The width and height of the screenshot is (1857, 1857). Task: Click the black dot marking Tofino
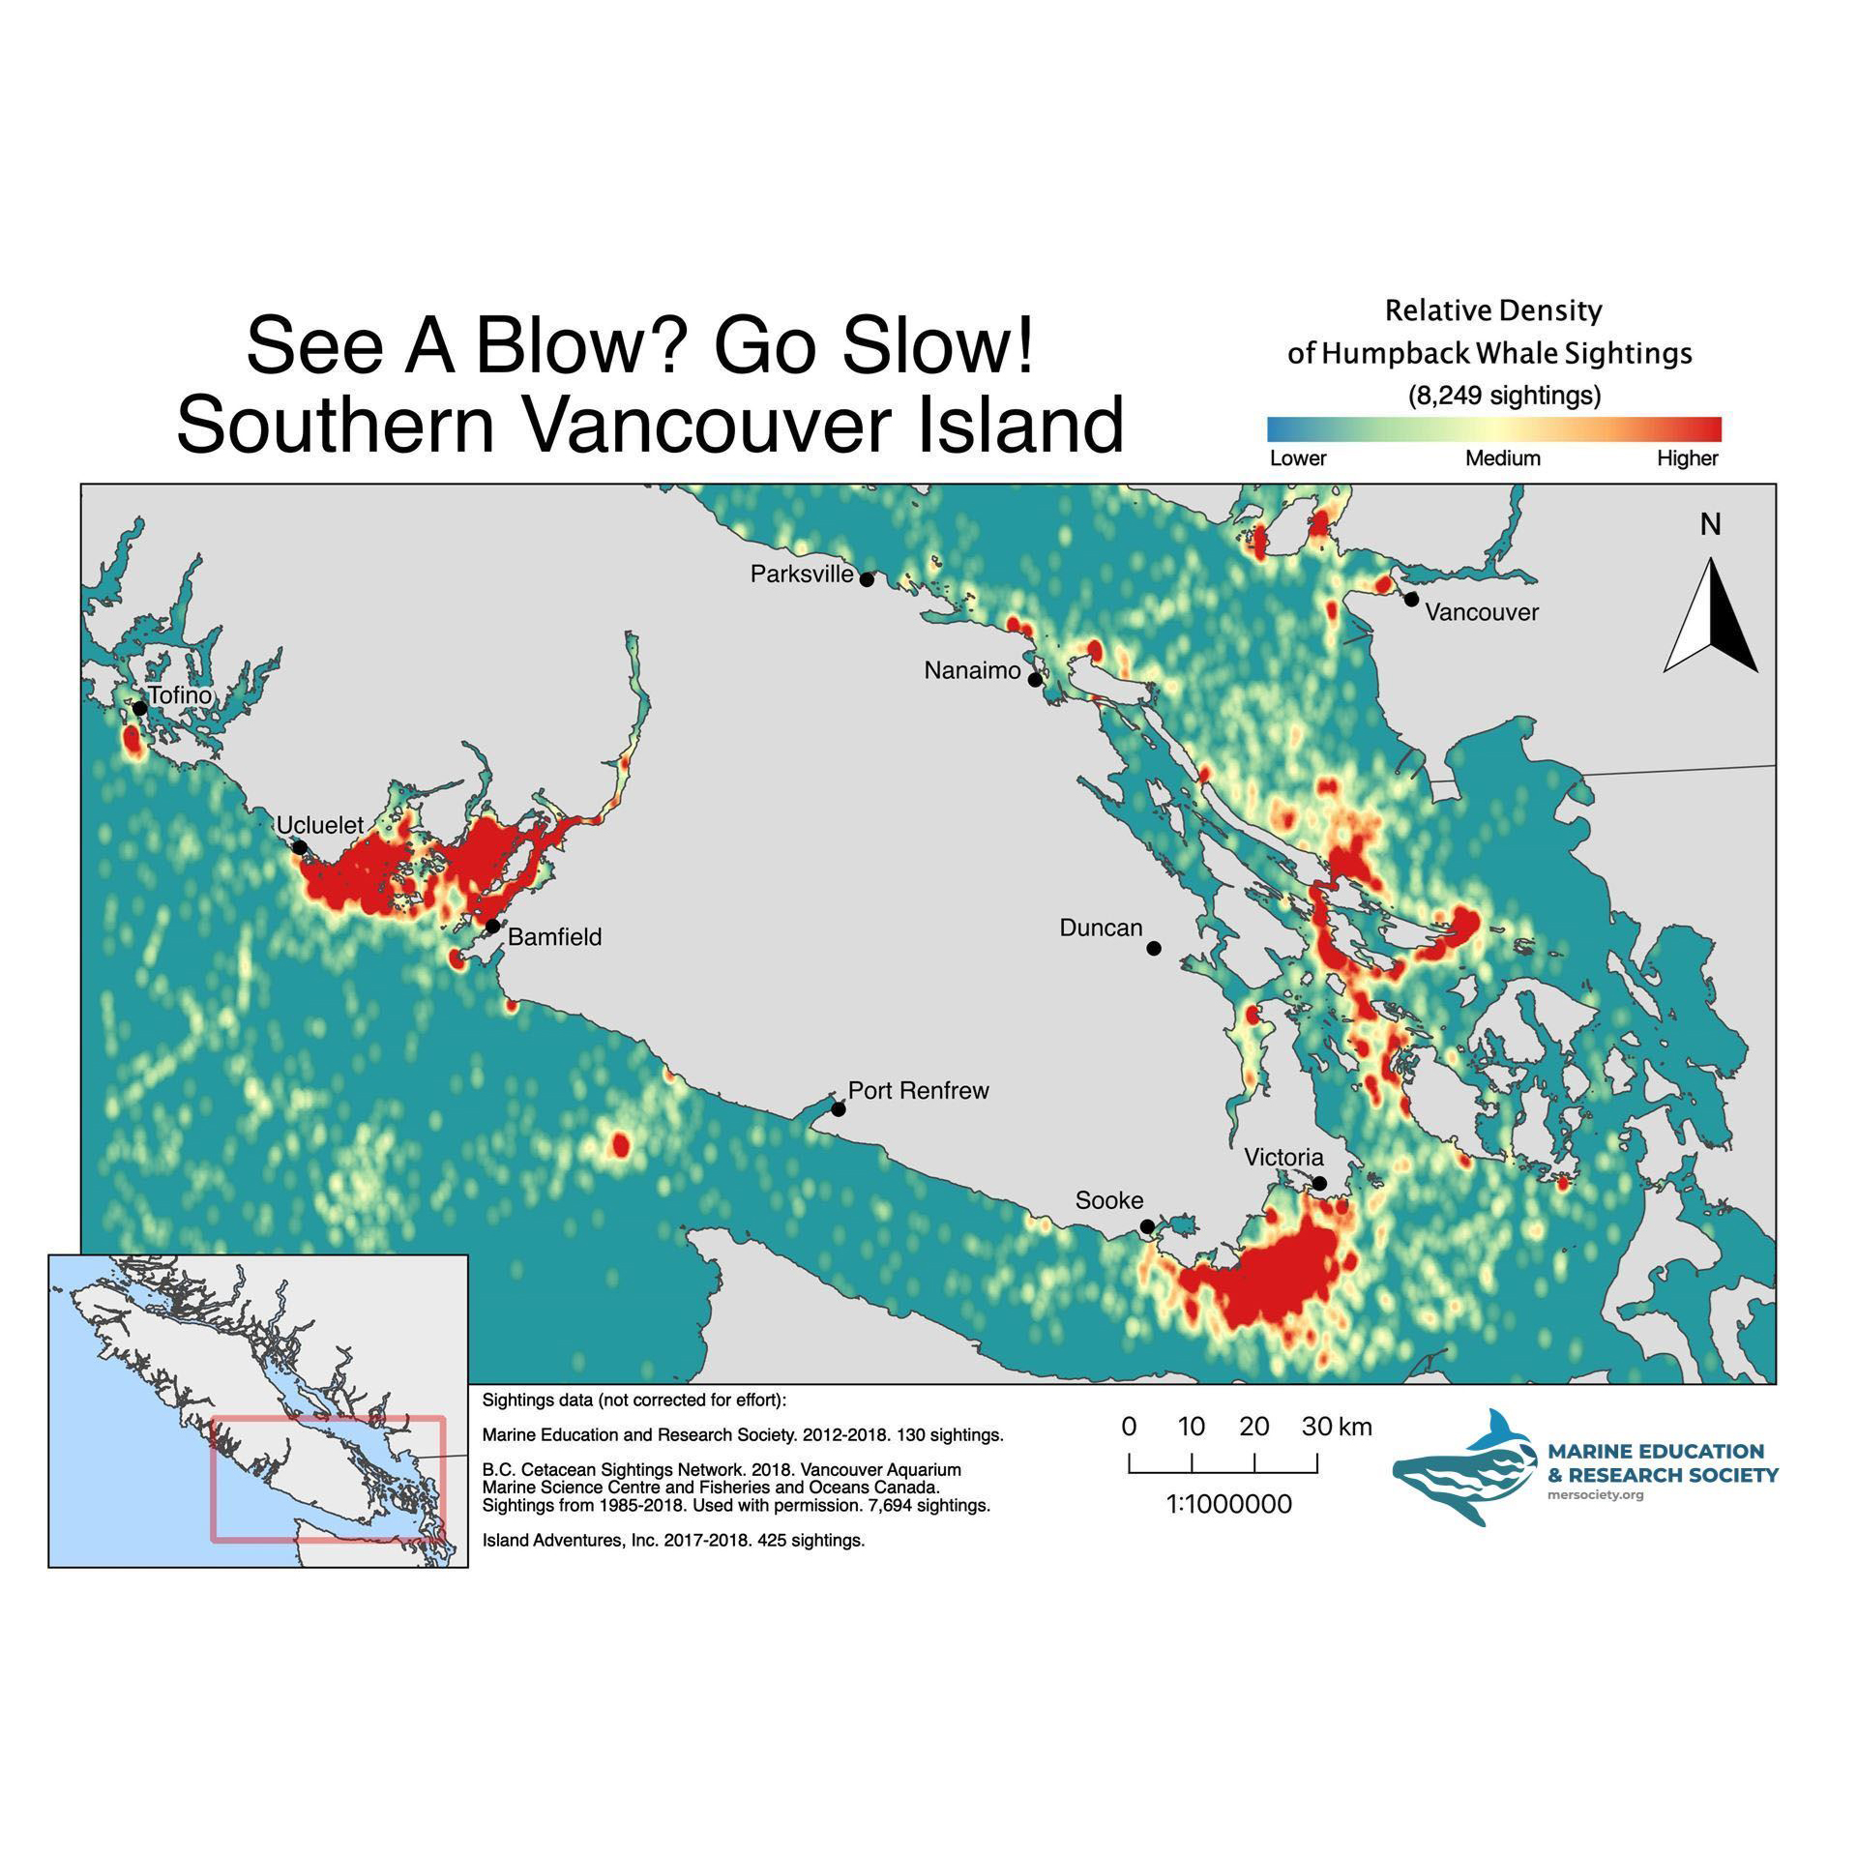[139, 708]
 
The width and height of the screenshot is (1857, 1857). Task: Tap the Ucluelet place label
[319, 825]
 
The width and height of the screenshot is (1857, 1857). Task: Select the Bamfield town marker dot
[492, 926]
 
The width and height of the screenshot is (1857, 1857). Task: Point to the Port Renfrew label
[918, 1091]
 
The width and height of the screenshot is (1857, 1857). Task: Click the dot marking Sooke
[1147, 1226]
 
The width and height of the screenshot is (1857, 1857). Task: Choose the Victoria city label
[1283, 1157]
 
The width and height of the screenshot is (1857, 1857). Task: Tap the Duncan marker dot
[1154, 949]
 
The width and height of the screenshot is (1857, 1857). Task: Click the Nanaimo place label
[972, 670]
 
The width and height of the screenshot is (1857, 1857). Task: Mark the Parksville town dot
[867, 579]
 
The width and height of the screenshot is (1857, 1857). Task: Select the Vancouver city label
[1482, 612]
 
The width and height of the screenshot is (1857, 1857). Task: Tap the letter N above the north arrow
[1710, 525]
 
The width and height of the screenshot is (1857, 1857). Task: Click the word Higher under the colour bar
[1687, 458]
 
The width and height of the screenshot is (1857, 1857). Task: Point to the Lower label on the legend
[1297, 458]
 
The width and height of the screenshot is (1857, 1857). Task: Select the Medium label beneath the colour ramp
[1502, 458]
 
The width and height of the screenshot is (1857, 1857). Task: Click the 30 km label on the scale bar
[1336, 1427]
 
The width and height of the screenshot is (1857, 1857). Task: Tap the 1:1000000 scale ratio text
[1228, 1504]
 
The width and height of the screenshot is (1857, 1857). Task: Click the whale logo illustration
[1464, 1468]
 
